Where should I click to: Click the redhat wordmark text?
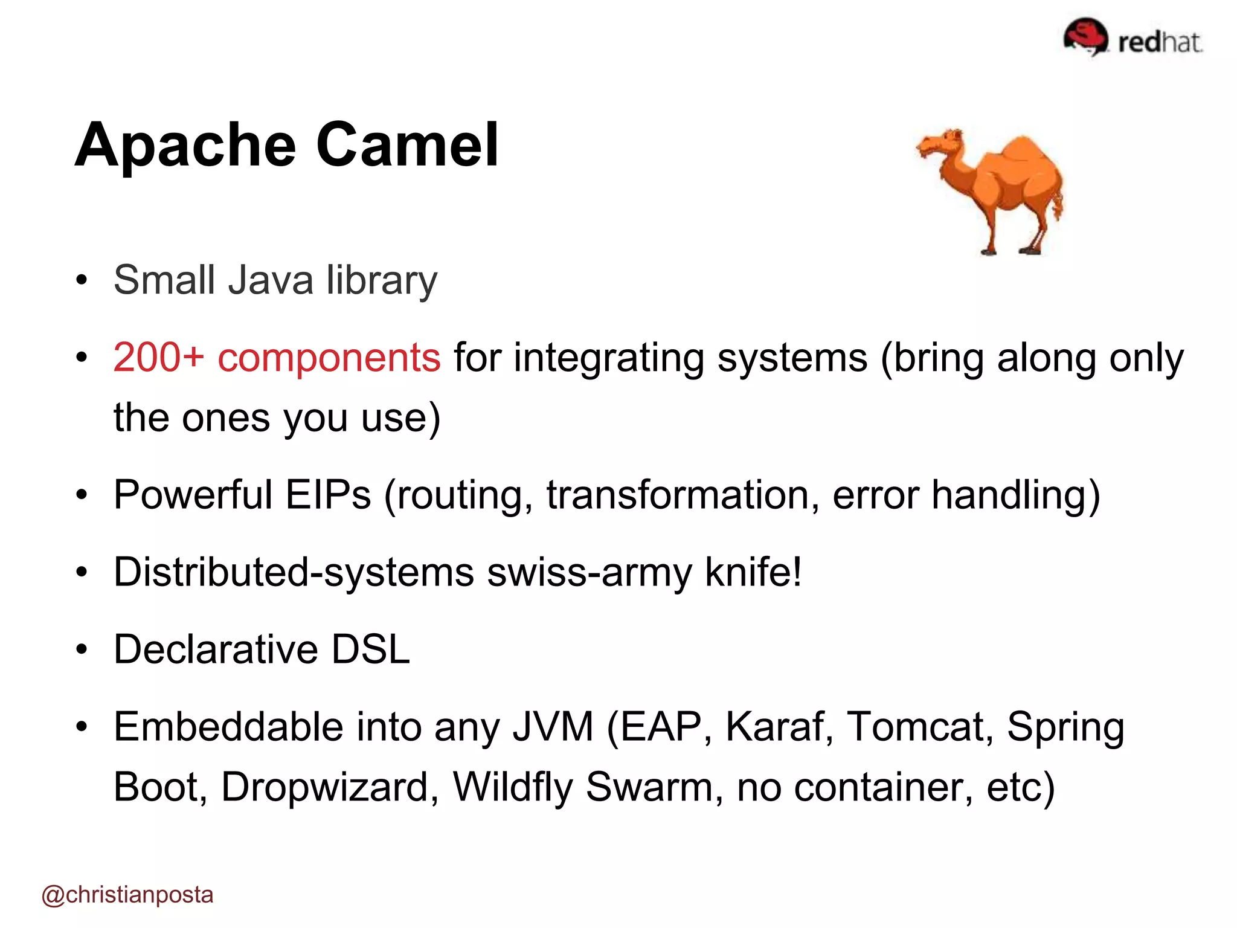click(1160, 42)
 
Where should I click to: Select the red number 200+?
click(158, 357)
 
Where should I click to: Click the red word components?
click(329, 357)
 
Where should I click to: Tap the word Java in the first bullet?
click(270, 280)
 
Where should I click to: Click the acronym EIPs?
click(327, 495)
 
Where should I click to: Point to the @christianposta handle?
click(127, 894)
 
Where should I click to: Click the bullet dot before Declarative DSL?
click(82, 650)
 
